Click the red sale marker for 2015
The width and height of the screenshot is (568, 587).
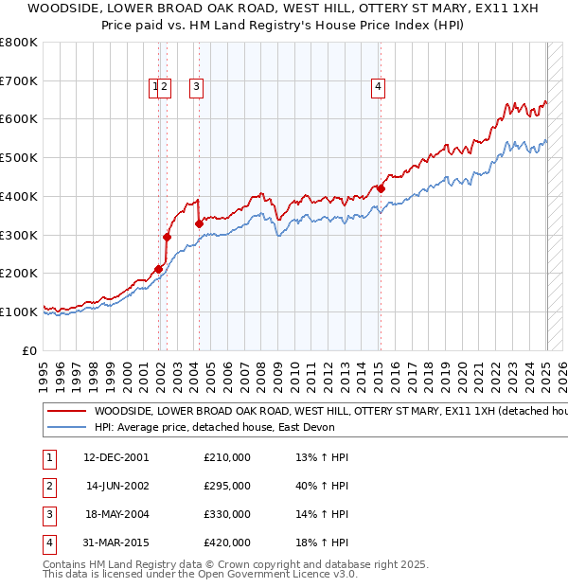(x=381, y=188)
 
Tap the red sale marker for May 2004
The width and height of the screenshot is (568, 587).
(x=199, y=223)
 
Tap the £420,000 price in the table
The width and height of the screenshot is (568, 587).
(x=227, y=543)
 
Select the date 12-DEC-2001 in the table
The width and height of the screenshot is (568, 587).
(x=116, y=457)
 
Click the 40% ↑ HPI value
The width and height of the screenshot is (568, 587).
(x=323, y=486)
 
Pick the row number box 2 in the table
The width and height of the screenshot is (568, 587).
(x=47, y=486)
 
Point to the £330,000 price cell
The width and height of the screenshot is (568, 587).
(x=227, y=514)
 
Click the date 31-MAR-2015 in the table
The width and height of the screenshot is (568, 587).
(x=116, y=543)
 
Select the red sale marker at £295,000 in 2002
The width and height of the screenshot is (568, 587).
(x=167, y=238)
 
